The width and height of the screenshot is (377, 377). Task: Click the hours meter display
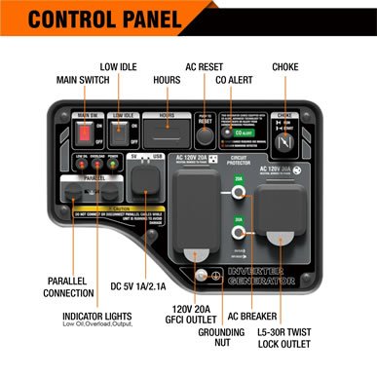click(167, 132)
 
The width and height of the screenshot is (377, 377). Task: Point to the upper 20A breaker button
click(238, 193)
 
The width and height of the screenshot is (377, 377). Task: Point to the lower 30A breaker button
click(238, 234)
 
